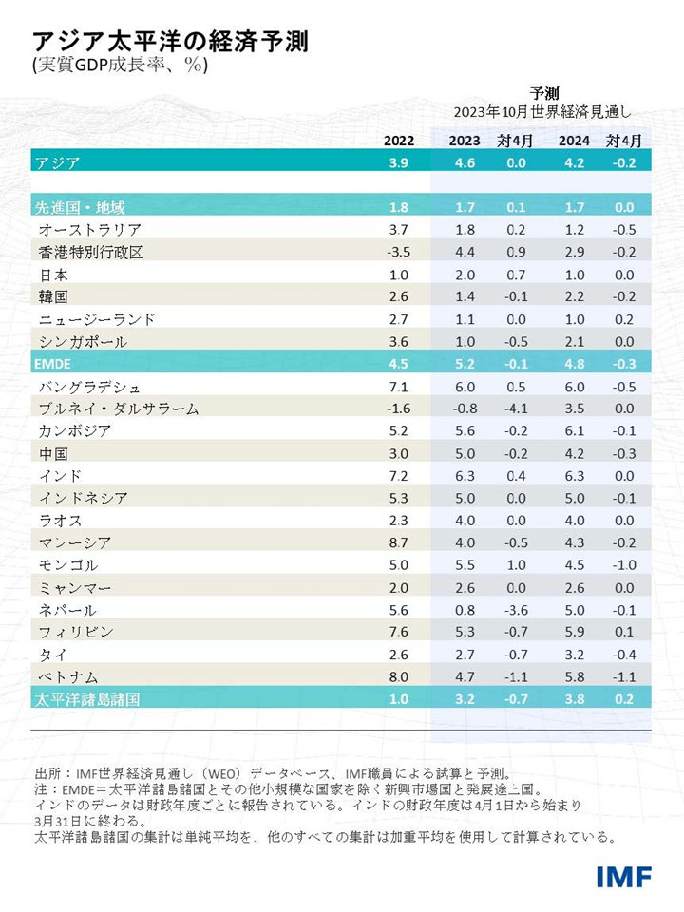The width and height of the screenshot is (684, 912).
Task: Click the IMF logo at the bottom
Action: [623, 876]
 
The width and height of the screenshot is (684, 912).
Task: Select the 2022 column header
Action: [399, 141]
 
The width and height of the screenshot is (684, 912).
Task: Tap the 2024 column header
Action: [574, 141]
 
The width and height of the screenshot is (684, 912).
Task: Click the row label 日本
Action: [53, 274]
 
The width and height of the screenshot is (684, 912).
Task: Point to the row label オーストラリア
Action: [90, 230]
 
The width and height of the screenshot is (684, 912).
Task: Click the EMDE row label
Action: [54, 364]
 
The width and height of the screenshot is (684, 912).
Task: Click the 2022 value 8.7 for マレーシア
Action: [399, 542]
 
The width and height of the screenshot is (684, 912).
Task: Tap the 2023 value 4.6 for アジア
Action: [465, 162]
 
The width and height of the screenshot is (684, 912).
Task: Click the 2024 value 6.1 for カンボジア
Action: [574, 430]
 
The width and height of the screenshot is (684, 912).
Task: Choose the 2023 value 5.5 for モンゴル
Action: [465, 565]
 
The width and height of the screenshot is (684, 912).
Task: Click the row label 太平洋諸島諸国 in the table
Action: [87, 699]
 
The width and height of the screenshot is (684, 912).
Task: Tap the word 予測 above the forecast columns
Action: [544, 93]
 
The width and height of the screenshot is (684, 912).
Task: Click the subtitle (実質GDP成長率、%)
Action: [120, 67]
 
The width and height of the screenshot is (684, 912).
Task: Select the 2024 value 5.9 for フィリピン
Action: [574, 632]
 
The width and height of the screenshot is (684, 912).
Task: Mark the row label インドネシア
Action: [84, 498]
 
